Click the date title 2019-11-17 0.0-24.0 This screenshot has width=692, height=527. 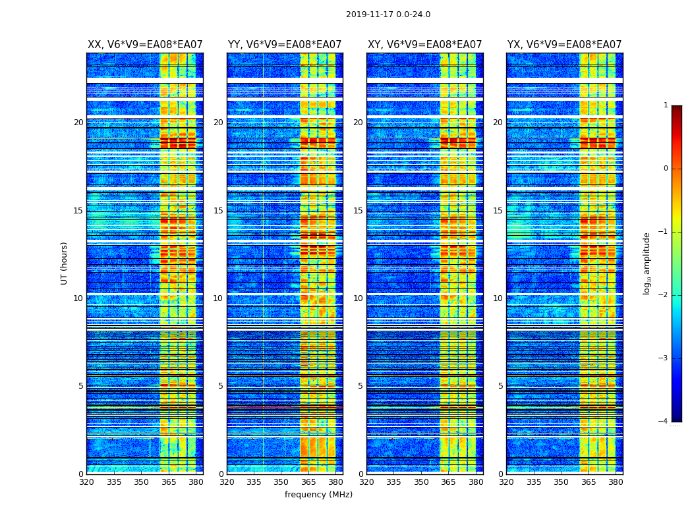click(x=388, y=14)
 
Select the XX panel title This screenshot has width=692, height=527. click(x=145, y=45)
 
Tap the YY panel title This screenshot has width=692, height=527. click(x=285, y=45)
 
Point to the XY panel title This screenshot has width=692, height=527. click(x=424, y=45)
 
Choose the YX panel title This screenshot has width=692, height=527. click(x=564, y=45)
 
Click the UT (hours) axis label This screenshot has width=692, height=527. click(x=65, y=263)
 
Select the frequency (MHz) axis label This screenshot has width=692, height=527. click(x=318, y=495)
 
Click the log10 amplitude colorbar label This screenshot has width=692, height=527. click(x=647, y=263)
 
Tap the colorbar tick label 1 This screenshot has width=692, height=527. click(x=666, y=105)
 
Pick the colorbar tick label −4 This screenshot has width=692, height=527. click(x=664, y=422)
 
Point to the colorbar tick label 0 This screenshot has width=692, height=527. click(x=666, y=169)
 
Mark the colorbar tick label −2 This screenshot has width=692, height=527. click(x=664, y=295)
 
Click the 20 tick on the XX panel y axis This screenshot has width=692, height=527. click(x=78, y=123)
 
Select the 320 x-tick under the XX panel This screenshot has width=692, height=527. click(x=86, y=482)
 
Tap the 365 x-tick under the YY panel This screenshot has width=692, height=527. click(x=308, y=482)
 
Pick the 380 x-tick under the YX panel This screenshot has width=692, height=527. click(x=616, y=482)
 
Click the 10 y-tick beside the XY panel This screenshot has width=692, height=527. click(x=358, y=298)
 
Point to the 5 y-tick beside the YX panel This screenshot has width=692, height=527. click(x=501, y=386)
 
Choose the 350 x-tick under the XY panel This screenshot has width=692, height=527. click(x=421, y=482)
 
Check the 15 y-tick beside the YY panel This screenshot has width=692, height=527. click(x=218, y=211)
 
